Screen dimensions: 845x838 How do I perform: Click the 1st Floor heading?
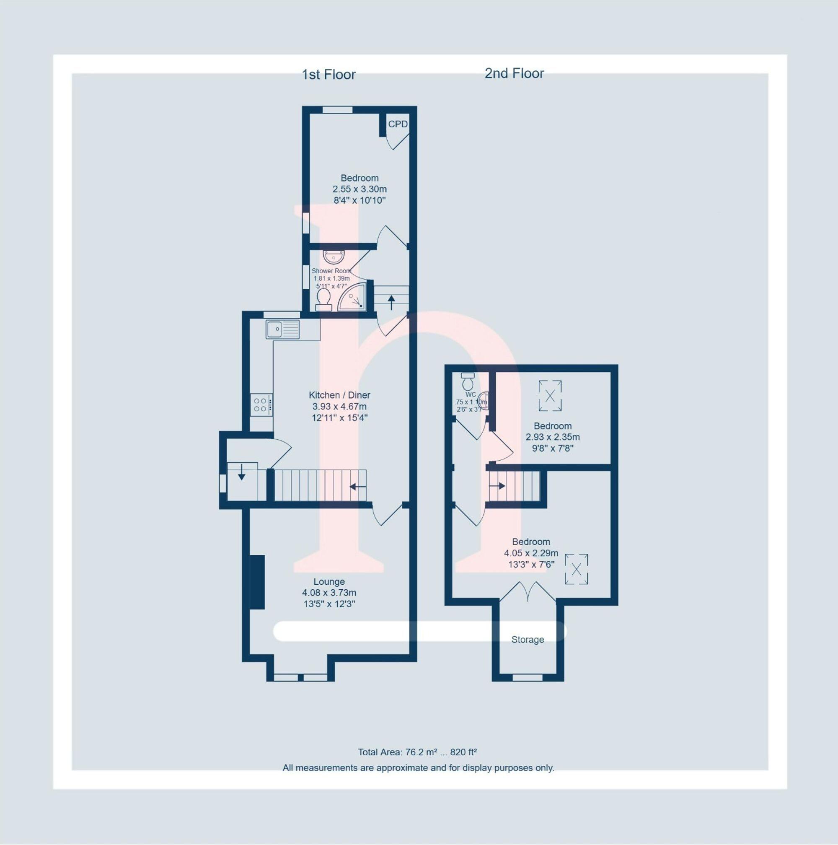(329, 75)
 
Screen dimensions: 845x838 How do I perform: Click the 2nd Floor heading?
(514, 73)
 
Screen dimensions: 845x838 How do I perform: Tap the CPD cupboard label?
(397, 124)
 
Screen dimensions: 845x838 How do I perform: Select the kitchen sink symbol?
(282, 329)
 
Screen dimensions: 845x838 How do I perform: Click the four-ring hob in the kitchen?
(261, 404)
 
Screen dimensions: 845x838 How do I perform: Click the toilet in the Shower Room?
(323, 299)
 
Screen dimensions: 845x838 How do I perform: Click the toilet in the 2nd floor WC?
(468, 381)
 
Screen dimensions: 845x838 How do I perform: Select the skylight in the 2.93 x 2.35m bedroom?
(550, 396)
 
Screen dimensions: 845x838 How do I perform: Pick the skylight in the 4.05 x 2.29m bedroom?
(576, 569)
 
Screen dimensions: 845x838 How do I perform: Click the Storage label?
(528, 640)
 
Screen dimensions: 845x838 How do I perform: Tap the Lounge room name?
(329, 582)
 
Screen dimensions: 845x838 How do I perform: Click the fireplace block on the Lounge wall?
(258, 582)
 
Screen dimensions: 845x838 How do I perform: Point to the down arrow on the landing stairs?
(241, 473)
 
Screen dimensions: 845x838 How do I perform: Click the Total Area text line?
(417, 752)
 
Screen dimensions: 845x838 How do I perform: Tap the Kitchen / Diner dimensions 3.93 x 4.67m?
(339, 406)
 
